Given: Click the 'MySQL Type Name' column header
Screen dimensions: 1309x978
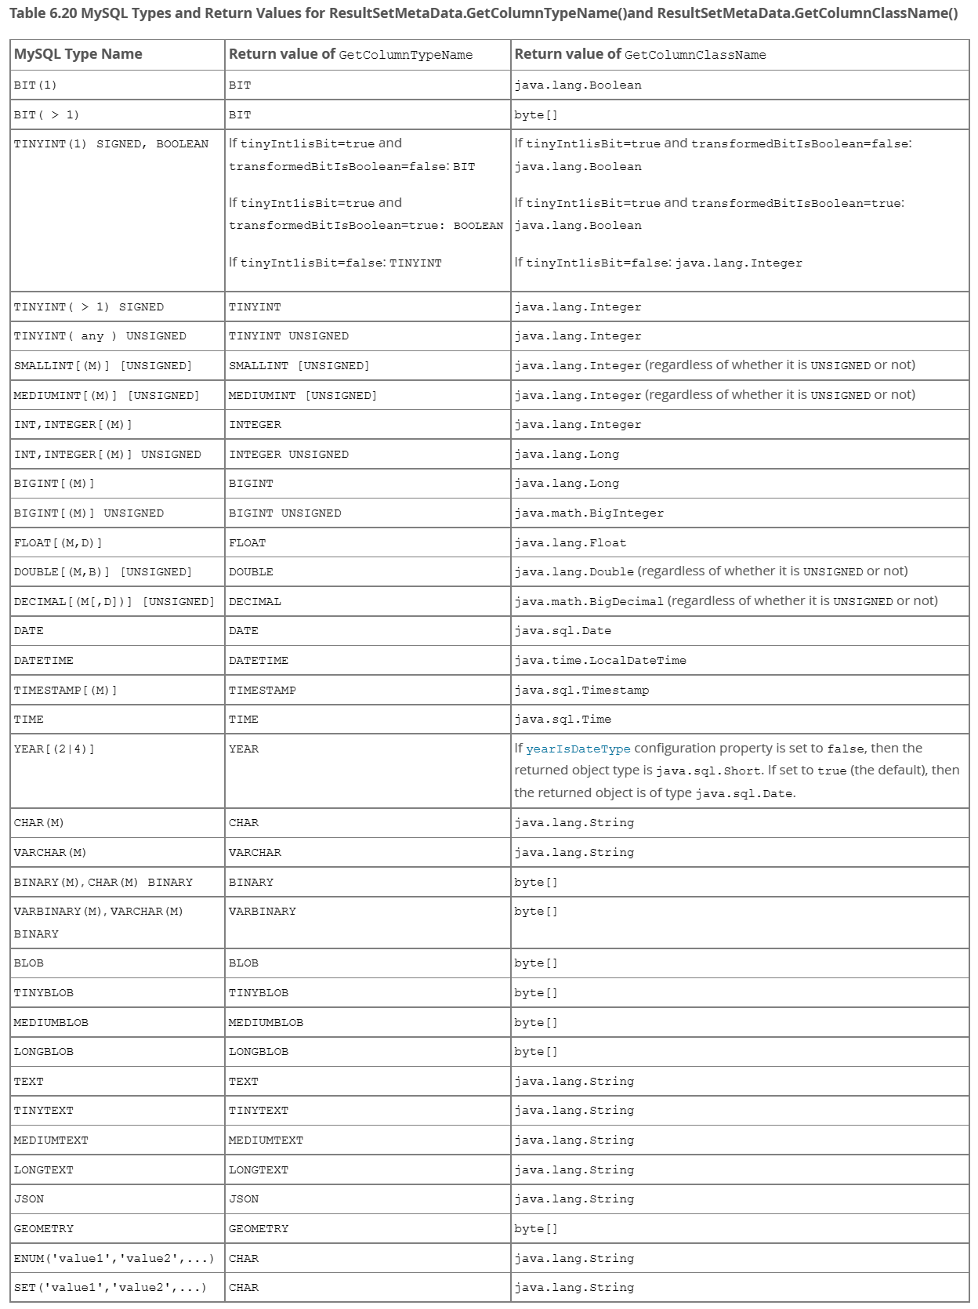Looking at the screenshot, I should coord(78,54).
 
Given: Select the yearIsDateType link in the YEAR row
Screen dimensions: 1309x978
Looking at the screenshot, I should coord(578,749).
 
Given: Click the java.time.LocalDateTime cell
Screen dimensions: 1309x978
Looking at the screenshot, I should coord(600,661).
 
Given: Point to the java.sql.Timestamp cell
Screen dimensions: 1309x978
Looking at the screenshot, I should coord(581,691).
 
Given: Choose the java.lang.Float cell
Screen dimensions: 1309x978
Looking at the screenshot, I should coord(570,543).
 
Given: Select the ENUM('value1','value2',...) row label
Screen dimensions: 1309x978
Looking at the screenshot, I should coord(114,1259).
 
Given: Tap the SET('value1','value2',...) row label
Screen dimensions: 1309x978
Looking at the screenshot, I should coord(110,1288).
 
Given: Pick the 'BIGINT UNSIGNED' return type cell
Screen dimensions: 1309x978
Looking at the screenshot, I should coord(285,513).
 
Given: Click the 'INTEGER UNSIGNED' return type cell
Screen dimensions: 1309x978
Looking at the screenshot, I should coord(289,455).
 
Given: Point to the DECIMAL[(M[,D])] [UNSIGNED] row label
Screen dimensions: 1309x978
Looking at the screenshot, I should coord(114,602).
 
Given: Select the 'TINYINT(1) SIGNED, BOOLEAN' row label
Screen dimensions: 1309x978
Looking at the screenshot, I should coord(111,144).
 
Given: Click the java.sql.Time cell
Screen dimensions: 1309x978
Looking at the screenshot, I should coord(563,720).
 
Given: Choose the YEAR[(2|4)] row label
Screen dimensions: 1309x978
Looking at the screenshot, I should coord(54,749).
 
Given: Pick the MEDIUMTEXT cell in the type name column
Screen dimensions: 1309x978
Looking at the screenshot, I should coord(266,1140).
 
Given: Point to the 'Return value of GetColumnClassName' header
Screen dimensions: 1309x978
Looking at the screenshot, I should coord(640,54).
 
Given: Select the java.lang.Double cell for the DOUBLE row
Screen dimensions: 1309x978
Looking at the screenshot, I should coord(574,572).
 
